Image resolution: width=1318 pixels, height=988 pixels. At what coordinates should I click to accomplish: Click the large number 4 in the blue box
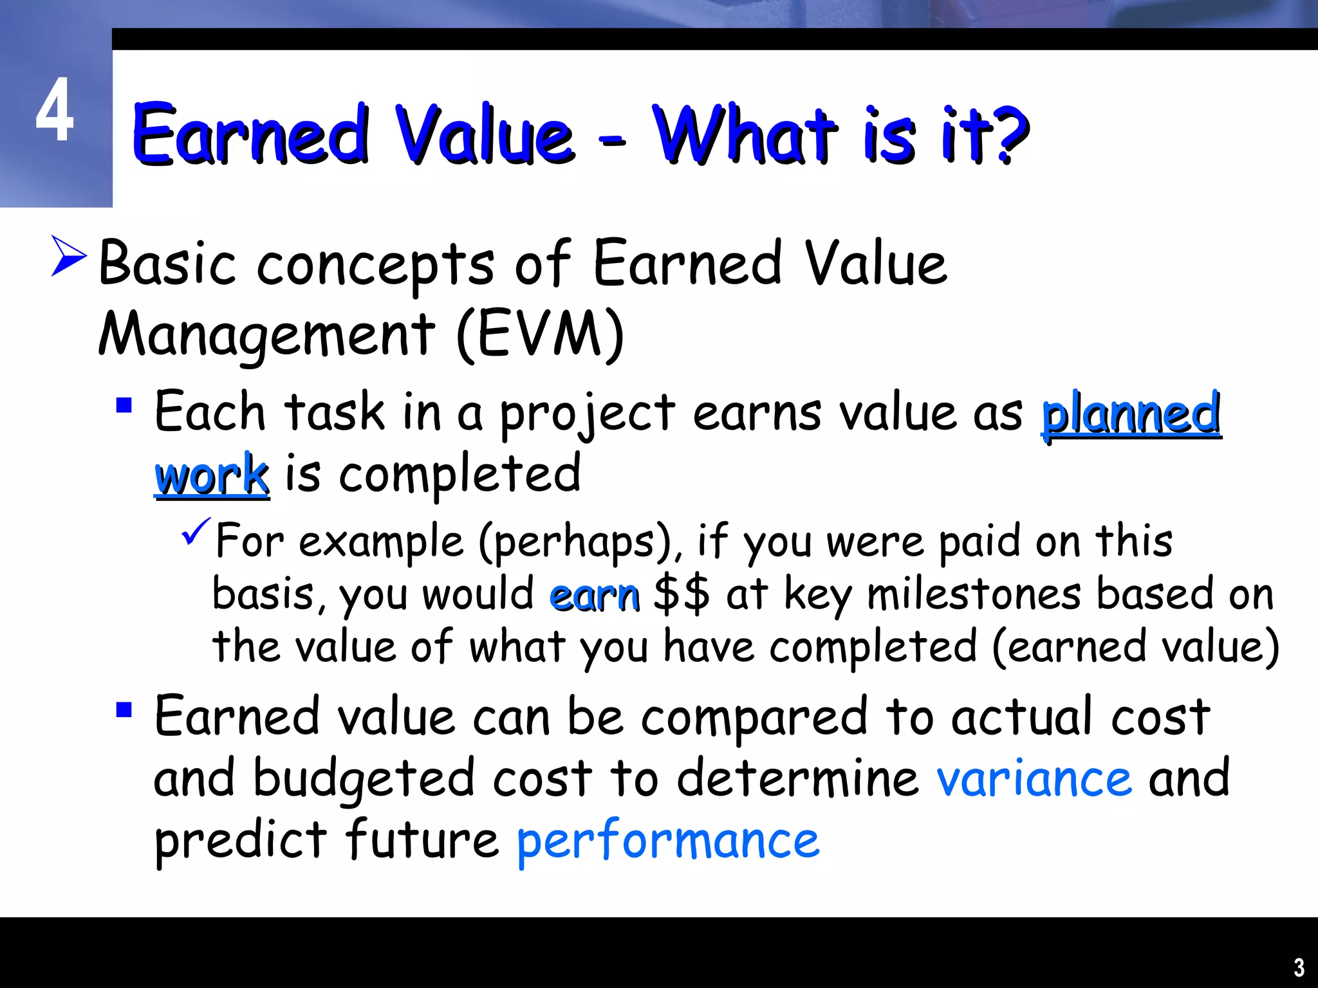55,110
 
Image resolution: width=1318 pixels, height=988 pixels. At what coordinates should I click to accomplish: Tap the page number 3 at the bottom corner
1299,967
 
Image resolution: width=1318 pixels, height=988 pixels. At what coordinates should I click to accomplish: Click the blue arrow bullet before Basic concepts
68,256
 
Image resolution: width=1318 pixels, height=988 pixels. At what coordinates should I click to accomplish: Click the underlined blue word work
212,476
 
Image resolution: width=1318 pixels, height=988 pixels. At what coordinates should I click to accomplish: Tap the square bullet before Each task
124,405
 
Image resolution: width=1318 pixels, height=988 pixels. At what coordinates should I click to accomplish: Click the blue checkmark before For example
196,531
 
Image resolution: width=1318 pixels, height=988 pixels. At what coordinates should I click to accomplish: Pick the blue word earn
595,595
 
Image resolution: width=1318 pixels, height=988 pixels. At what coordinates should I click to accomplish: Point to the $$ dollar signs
682,594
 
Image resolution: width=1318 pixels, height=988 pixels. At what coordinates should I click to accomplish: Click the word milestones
974,594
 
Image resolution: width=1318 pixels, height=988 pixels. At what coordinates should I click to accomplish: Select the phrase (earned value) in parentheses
1136,647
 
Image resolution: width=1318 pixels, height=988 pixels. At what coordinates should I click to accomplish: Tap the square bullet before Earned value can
124,710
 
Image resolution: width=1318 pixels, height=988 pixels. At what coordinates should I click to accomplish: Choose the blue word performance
668,841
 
